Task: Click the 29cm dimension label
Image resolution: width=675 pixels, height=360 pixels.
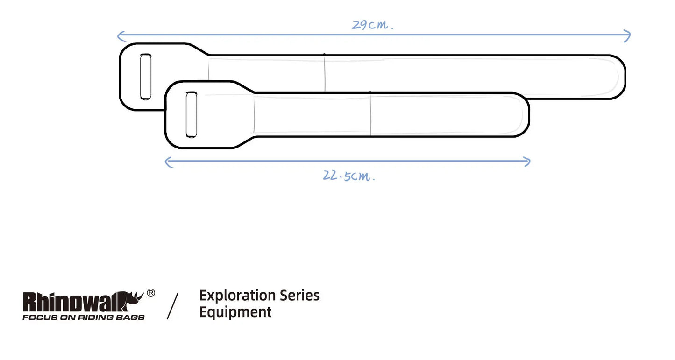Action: tap(372, 25)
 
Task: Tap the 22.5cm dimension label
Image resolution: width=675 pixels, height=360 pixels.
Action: tap(348, 176)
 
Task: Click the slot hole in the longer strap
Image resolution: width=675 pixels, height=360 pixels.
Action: tap(146, 77)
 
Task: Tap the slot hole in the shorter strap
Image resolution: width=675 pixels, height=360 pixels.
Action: tap(192, 115)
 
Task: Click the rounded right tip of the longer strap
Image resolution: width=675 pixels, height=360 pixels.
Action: tap(625, 77)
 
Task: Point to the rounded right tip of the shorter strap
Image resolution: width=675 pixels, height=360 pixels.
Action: tap(528, 114)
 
